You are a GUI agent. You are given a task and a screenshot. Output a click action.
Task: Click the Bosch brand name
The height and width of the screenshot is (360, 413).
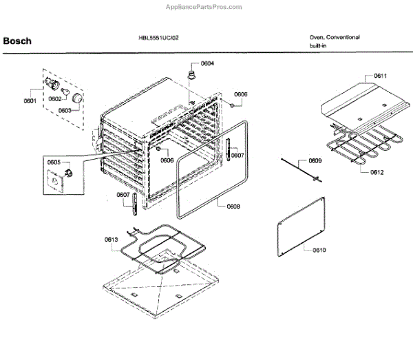point(17,41)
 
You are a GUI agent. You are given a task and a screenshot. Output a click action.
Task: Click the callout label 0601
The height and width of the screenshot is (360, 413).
point(30,102)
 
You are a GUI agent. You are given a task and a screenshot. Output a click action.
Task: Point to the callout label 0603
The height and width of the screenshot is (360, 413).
point(64,110)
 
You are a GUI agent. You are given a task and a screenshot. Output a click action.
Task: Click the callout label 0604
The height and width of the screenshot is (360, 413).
point(206,63)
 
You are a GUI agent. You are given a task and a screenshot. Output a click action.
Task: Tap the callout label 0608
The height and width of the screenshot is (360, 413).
point(233,207)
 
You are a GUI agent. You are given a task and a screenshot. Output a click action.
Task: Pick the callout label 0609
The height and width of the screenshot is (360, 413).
point(315,161)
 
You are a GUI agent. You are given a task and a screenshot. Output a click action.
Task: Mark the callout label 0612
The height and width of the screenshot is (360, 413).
point(377,172)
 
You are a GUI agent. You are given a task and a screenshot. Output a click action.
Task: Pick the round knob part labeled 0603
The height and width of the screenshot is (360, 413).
point(80,101)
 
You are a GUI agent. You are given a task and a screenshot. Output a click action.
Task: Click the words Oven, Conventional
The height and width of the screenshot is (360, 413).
point(334,37)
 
